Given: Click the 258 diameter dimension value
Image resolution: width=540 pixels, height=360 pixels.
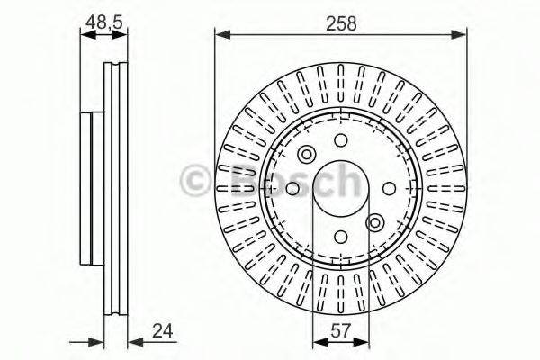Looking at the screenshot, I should pyautogui.click(x=342, y=24).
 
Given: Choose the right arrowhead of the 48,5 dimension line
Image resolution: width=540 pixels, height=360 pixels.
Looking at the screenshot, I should pyautogui.click(x=124, y=35).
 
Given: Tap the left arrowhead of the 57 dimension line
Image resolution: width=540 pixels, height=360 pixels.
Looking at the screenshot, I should pyautogui.click(x=317, y=342).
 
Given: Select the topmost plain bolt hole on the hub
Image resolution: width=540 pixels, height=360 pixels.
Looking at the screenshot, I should pyautogui.click(x=342, y=140).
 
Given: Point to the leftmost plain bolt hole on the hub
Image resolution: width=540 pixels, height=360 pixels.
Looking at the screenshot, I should pyautogui.click(x=293, y=188).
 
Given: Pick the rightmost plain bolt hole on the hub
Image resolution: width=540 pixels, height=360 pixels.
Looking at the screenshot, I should pyautogui.click(x=390, y=188).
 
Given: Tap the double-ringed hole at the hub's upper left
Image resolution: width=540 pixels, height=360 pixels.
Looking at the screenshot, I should pyautogui.click(x=307, y=154).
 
